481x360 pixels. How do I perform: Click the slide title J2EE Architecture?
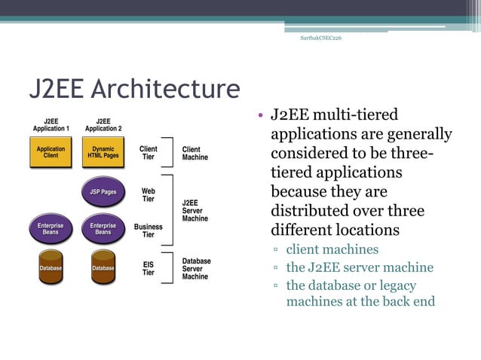point(134,90)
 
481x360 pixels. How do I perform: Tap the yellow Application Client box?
point(51,152)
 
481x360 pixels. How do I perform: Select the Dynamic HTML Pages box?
point(103,152)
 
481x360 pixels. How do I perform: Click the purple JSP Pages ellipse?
point(103,192)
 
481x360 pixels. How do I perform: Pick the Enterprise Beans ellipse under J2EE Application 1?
point(51,228)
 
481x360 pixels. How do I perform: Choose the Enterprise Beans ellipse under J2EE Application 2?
point(103,228)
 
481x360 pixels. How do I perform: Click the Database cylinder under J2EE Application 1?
point(51,267)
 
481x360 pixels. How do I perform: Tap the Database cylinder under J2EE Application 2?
point(103,267)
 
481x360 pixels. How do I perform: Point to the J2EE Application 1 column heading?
point(51,124)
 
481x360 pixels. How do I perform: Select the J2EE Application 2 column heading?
point(103,124)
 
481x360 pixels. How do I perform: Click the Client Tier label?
point(149,153)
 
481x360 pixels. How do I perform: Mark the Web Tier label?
point(149,195)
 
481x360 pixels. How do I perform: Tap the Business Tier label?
point(149,230)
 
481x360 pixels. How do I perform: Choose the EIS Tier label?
point(149,269)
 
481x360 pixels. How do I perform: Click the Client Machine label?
point(195,153)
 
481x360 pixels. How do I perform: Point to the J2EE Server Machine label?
point(195,210)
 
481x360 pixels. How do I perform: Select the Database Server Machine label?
point(197,269)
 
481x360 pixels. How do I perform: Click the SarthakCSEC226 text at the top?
point(320,38)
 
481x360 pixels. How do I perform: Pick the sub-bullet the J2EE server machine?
point(360,267)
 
